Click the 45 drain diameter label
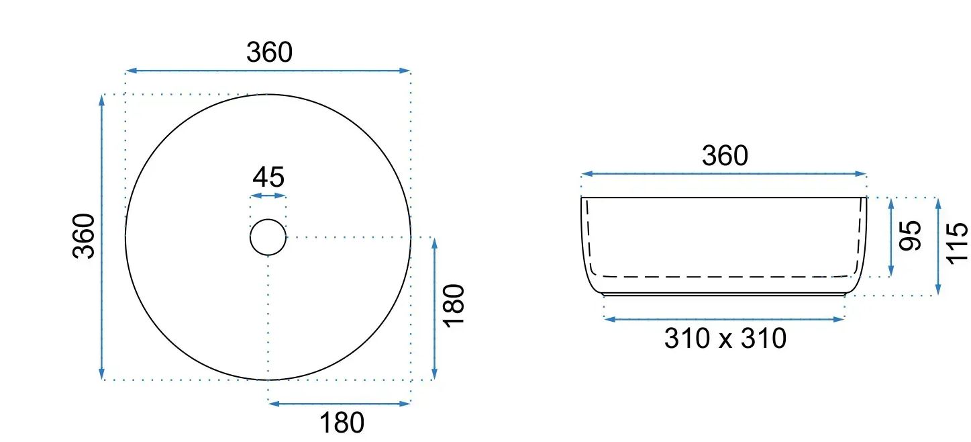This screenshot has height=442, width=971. click(x=268, y=177)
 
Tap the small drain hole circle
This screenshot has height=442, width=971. click(x=268, y=219)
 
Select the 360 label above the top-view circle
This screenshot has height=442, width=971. click(x=269, y=52)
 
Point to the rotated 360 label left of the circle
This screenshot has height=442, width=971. click(x=84, y=236)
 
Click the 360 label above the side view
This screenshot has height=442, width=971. click(x=725, y=156)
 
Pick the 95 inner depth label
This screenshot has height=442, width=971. click(x=910, y=236)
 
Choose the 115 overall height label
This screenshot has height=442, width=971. click(x=957, y=243)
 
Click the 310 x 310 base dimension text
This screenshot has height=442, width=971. click(x=725, y=339)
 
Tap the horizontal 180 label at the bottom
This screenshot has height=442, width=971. click(x=342, y=423)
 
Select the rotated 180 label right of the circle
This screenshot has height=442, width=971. click(x=454, y=306)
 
